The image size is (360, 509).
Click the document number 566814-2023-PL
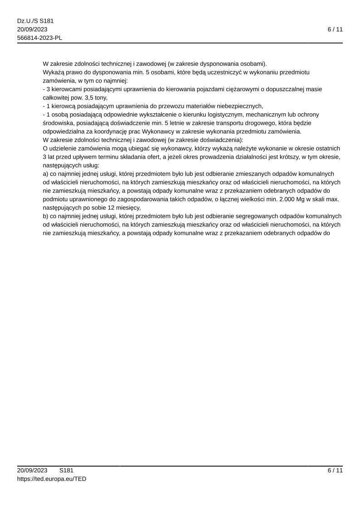[39, 38]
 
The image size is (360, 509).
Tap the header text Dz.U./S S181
[35, 21]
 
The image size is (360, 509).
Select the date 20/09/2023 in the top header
[32, 29]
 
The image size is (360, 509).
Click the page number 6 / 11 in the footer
[335, 470]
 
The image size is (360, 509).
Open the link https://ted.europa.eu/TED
[52, 479]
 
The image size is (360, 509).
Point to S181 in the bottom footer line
[66, 470]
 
